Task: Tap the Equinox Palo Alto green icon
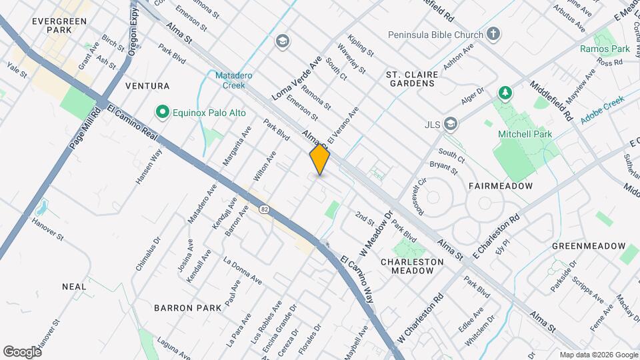pyautogui.click(x=161, y=111)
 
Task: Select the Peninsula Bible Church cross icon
pyautogui.click(x=493, y=33)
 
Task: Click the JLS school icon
pyautogui.click(x=452, y=123)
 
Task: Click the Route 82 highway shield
pyautogui.click(x=264, y=209)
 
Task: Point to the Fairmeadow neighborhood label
pyautogui.click(x=501, y=186)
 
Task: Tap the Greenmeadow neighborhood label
pyautogui.click(x=588, y=246)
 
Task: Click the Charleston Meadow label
pyautogui.click(x=412, y=266)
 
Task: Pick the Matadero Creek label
pyautogui.click(x=233, y=80)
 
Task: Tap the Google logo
pyautogui.click(x=22, y=351)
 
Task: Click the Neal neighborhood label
pyautogui.click(x=74, y=287)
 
